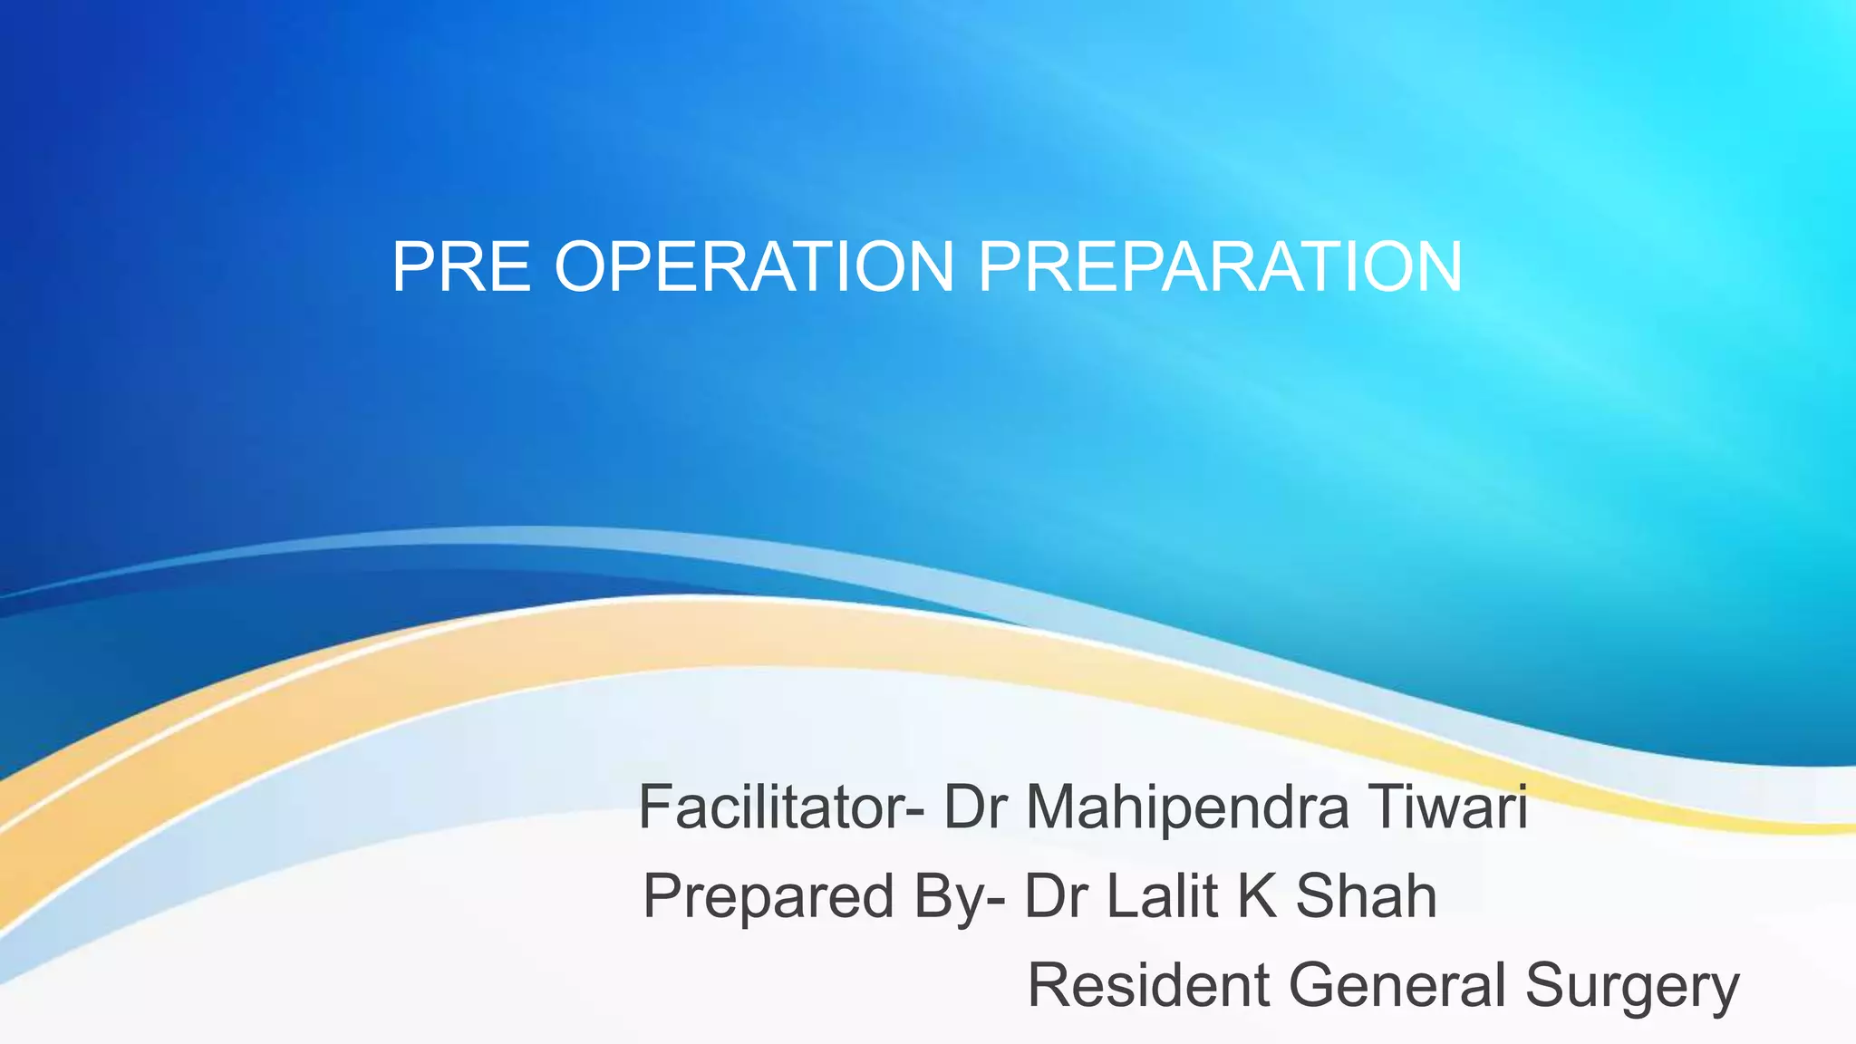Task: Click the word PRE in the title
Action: [x=460, y=267]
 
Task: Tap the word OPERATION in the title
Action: [x=754, y=267]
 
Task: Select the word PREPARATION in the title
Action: [x=1220, y=267]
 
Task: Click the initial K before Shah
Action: [x=1257, y=896]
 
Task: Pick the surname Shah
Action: [x=1366, y=896]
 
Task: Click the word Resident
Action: [x=1148, y=985]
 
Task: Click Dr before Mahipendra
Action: [x=975, y=807]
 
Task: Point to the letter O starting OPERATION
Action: [x=585, y=267]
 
